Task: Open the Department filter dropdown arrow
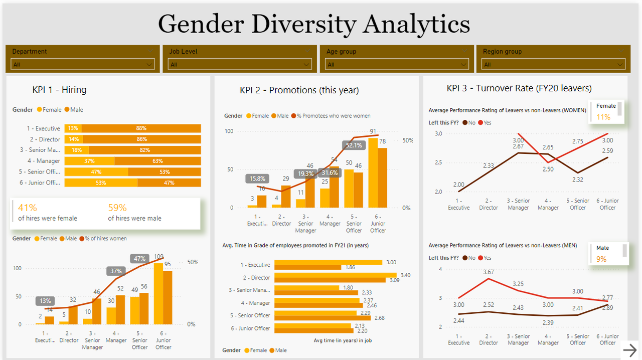149,65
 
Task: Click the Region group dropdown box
553,65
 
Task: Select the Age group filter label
341,52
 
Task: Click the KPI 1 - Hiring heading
59,90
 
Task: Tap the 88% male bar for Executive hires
141,128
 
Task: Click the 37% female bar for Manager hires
89,161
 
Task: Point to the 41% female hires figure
28,208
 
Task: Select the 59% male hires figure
117,208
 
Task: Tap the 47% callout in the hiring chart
139,259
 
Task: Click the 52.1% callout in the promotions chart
354,145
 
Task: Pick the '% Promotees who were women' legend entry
331,116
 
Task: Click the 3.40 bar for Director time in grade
335,275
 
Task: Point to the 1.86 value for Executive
351,268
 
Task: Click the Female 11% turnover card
606,112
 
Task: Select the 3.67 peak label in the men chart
488,272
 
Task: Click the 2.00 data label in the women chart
458,185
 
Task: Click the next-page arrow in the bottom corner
629,349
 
